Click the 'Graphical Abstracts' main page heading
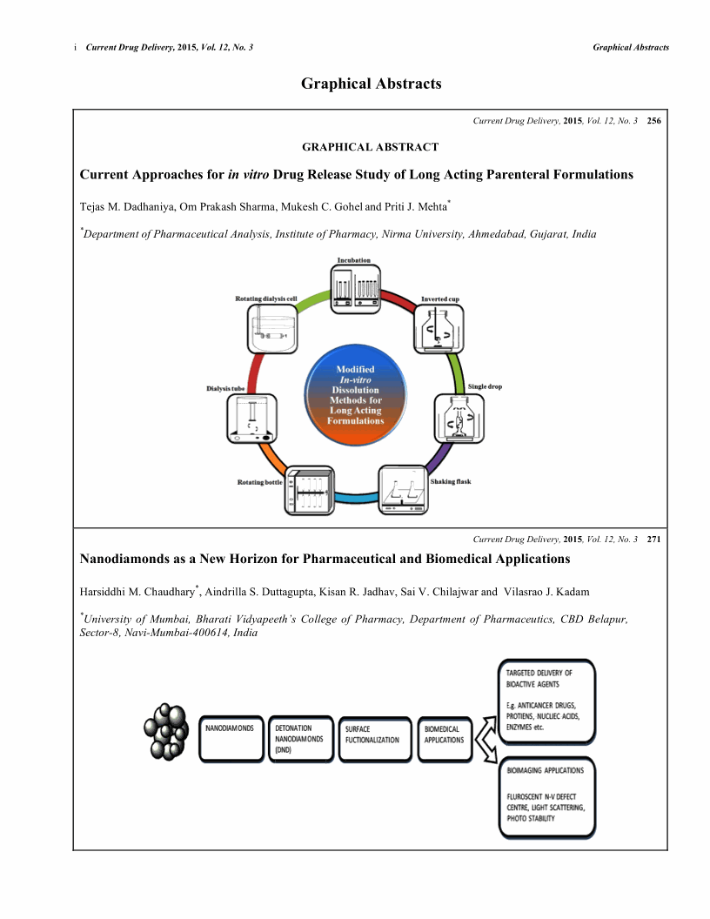point(372,84)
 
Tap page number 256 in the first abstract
point(654,121)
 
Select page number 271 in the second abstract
point(654,540)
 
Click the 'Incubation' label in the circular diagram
point(354,260)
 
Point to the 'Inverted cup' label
point(440,299)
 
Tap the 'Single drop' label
point(485,386)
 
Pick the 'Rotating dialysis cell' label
point(266,299)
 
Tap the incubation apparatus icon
point(355,287)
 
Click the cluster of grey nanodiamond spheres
point(168,728)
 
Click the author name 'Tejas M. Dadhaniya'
point(116,206)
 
